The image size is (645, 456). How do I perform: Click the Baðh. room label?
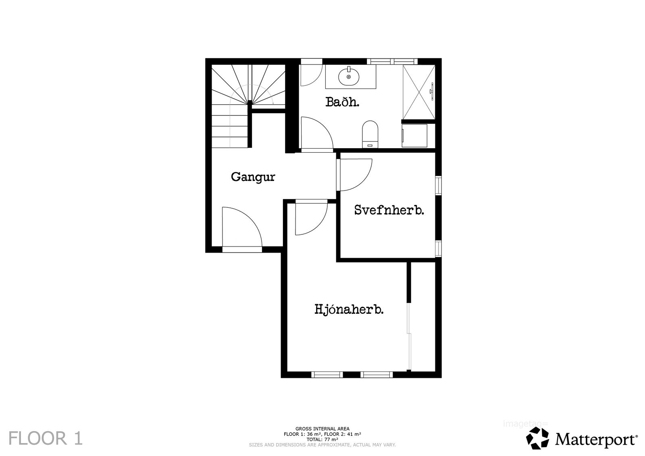tap(342, 102)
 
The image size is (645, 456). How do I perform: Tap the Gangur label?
tap(253, 177)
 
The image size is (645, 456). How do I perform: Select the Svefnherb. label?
tap(389, 210)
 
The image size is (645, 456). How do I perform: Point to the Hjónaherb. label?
tap(349, 310)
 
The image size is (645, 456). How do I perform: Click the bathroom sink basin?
tap(349, 76)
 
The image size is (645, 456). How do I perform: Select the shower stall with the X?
tap(419, 92)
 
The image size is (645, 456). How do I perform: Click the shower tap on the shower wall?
tap(432, 91)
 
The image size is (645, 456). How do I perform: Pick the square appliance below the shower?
tap(414, 135)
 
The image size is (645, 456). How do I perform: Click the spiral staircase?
tap(248, 106)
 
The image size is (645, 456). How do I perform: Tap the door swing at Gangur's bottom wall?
tap(242, 227)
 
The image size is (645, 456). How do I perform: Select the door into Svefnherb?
tap(356, 175)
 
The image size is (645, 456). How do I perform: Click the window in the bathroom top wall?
tap(392, 61)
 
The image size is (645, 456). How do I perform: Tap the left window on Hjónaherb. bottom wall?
tap(327, 374)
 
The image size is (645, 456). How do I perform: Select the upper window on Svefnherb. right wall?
tap(438, 186)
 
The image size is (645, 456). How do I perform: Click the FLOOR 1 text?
tap(46, 438)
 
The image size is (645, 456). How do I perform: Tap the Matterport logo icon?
tap(537, 438)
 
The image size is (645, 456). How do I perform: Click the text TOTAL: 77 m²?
tap(322, 439)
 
